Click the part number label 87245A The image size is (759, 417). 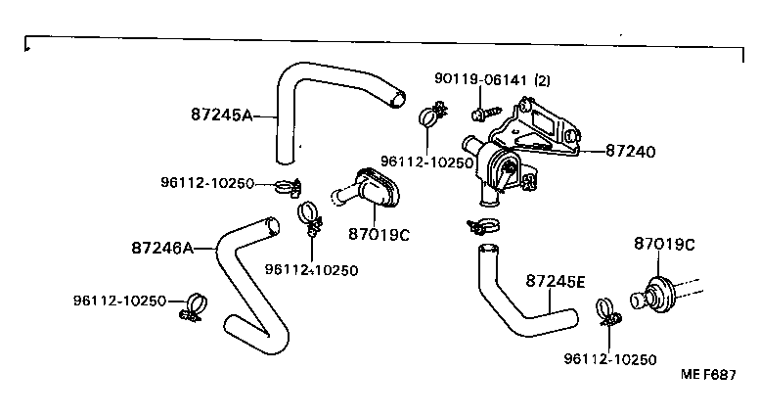tap(221, 115)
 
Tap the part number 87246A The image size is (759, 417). tap(161, 248)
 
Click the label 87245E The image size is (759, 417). tap(555, 282)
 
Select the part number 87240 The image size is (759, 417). tap(630, 152)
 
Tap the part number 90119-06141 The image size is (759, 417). tap(482, 79)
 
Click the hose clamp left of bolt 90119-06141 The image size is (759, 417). tap(427, 117)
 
